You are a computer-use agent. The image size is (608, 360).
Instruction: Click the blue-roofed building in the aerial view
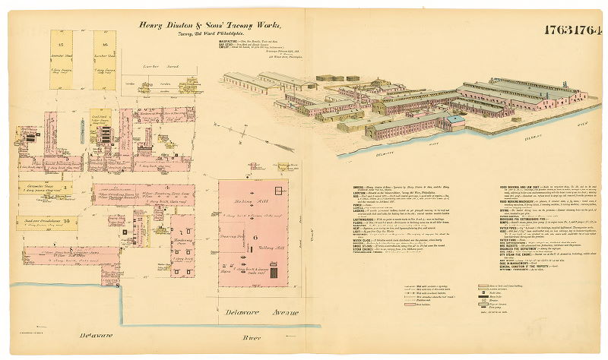[454, 119]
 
